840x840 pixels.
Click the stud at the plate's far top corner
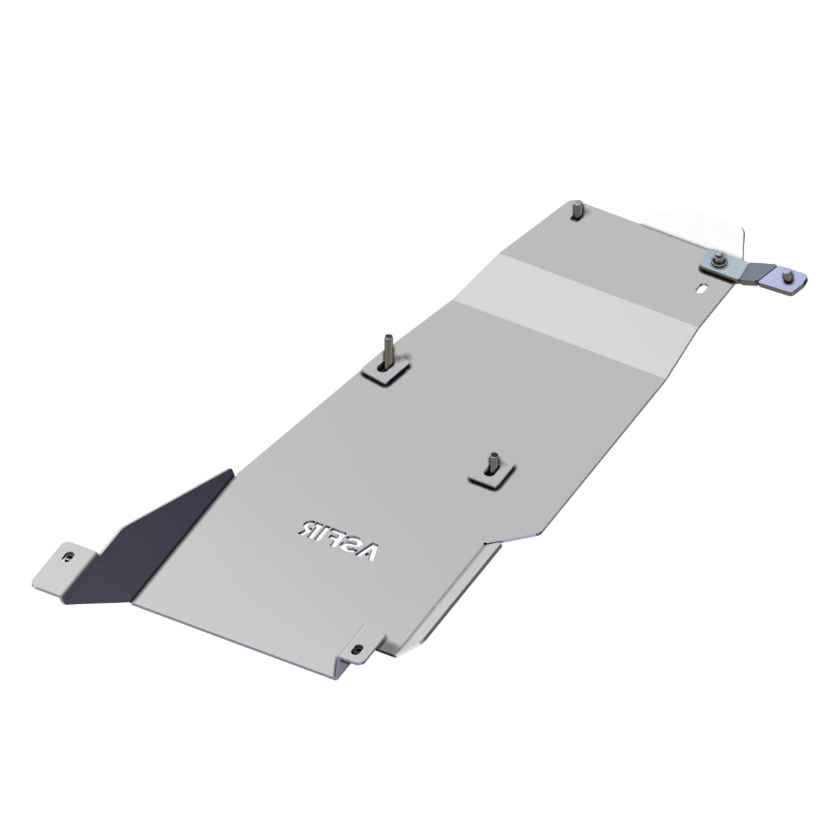[579, 209]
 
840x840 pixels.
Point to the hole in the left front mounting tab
[68, 556]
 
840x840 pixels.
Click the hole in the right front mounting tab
[360, 649]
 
